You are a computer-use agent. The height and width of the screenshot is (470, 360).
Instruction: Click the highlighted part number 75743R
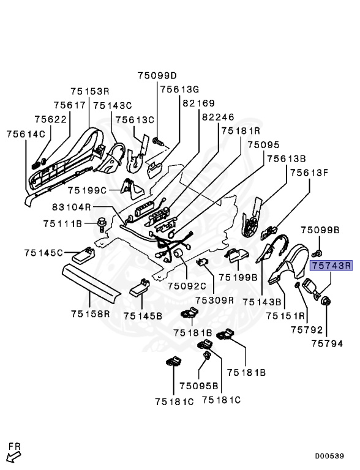point(331,266)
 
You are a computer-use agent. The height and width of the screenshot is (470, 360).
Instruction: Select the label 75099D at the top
point(157,76)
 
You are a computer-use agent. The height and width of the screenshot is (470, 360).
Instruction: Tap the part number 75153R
point(90,91)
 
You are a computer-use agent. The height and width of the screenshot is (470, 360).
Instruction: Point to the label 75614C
point(26,133)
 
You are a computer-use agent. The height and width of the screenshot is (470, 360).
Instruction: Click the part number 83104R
point(71,207)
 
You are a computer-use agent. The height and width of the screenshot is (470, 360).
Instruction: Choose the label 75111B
point(62,224)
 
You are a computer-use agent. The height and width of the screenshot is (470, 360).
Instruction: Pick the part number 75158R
point(90,315)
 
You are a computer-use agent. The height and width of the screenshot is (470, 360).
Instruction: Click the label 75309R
point(214,300)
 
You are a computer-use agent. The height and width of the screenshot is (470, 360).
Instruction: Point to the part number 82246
point(218,117)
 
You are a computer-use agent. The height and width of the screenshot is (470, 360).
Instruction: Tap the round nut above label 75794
point(327,300)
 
